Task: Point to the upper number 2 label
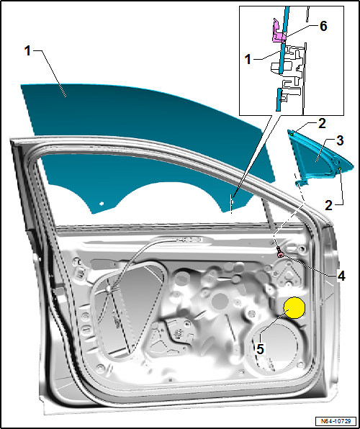coord(323,122)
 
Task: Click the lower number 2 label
coord(328,204)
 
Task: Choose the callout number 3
coord(341,140)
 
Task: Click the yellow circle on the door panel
coord(295,309)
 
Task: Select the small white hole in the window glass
coord(102,204)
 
